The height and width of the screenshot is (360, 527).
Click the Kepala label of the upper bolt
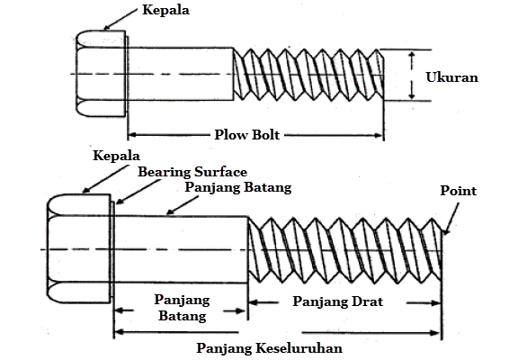click(165, 10)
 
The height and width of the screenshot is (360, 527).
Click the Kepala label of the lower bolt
click(116, 156)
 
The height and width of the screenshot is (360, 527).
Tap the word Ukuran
click(451, 77)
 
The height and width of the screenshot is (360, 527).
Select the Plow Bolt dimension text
click(247, 135)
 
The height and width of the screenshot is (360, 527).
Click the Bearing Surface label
click(192, 172)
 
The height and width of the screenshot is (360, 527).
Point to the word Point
click(458, 191)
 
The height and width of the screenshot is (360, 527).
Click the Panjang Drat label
click(337, 301)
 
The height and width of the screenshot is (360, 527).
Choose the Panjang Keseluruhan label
click(269, 348)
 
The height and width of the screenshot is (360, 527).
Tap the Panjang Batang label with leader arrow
click(238, 187)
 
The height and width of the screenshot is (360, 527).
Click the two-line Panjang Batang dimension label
click(183, 308)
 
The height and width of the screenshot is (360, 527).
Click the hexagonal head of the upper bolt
click(101, 74)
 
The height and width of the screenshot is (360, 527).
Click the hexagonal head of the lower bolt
click(79, 249)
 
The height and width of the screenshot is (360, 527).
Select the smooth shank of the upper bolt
click(181, 74)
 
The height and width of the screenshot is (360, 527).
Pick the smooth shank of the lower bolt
click(181, 249)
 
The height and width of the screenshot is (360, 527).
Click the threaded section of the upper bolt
click(308, 75)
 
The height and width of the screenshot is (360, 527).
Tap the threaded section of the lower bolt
click(344, 250)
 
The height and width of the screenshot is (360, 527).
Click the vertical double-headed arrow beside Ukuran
click(412, 76)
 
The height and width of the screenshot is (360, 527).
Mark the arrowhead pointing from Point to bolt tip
click(445, 231)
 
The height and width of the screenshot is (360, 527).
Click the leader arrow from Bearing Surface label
click(138, 192)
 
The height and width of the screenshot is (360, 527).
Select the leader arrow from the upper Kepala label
click(120, 19)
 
